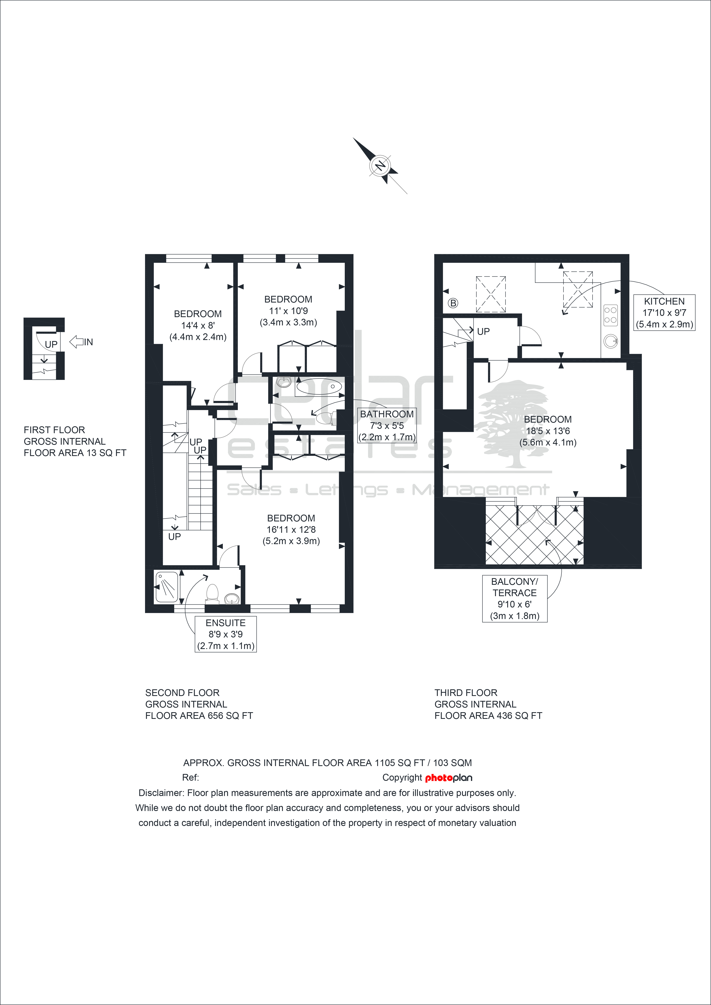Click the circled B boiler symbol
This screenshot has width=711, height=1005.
tap(453, 303)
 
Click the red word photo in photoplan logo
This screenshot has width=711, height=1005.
tap(439, 778)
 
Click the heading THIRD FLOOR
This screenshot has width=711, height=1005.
tap(466, 693)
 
